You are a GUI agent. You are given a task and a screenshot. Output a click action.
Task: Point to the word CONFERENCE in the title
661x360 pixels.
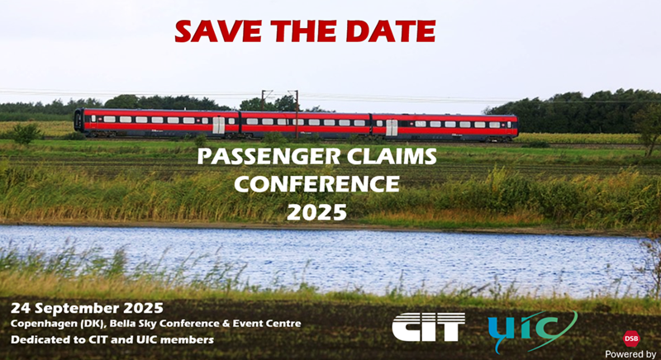[316, 183]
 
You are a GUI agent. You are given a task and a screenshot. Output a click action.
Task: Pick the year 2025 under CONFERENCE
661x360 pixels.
[316, 212]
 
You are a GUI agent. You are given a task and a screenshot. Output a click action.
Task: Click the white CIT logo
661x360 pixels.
[428, 327]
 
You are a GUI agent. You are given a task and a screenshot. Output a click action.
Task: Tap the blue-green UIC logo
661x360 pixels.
[532, 330]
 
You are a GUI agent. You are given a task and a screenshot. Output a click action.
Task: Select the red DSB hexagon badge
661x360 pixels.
[631, 339]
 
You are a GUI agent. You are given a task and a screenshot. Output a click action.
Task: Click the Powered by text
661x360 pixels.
[630, 354]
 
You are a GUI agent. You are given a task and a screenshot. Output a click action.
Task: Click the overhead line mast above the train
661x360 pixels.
[297, 114]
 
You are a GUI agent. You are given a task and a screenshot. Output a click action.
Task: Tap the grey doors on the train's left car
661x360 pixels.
[218, 126]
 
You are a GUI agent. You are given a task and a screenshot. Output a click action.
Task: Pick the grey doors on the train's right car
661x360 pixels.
[392, 128]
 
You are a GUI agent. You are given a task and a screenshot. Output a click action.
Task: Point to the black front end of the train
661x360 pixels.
[78, 121]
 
